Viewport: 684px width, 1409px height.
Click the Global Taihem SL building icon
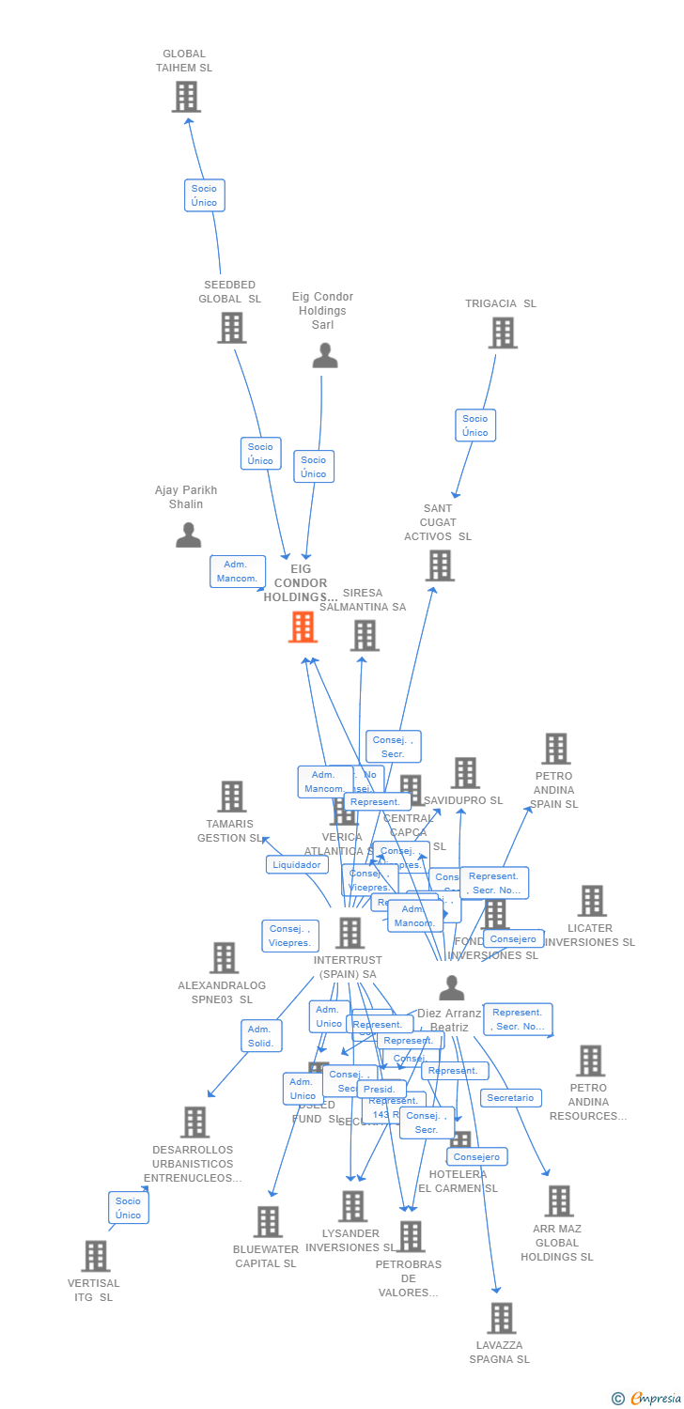point(186,96)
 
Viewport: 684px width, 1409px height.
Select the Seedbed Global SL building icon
point(231,327)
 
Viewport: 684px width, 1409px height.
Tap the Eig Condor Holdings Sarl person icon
point(324,356)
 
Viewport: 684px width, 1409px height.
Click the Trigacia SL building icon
point(503,333)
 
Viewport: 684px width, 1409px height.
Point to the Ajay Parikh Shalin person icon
point(188,534)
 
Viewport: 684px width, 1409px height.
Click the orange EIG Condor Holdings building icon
point(303,627)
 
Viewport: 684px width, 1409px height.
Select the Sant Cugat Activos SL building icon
point(440,565)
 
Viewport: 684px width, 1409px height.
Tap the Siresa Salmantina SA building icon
point(364,635)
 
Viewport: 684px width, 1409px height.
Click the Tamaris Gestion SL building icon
point(231,797)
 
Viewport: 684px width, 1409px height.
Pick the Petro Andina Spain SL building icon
point(555,749)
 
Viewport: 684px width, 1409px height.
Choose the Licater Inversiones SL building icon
point(591,901)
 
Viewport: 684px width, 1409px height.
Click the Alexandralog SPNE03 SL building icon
point(224,957)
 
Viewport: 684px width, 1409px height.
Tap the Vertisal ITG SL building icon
point(95,1256)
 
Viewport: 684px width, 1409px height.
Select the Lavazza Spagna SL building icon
point(501,1318)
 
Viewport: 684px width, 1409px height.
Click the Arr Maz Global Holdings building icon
point(558,1201)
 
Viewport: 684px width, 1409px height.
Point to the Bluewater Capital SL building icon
point(268,1221)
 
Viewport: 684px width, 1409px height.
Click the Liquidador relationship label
point(297,864)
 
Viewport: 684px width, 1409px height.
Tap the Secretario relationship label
point(510,1097)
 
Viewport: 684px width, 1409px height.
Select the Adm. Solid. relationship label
point(260,1036)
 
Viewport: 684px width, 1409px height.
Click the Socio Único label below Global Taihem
point(204,195)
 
